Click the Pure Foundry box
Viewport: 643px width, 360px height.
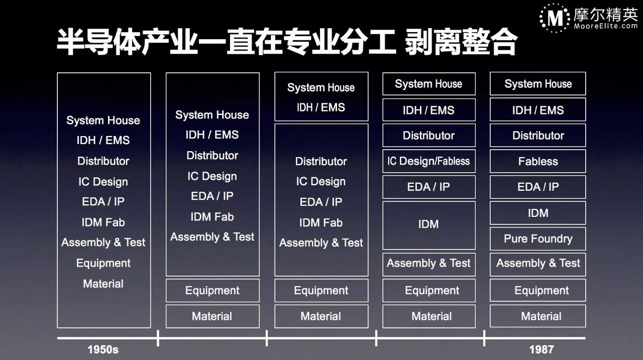point(538,239)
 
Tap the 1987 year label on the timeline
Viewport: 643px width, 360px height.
point(541,349)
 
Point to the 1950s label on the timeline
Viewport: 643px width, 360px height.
point(103,349)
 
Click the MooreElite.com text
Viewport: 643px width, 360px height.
point(606,26)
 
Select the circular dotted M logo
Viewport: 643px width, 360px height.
point(555,18)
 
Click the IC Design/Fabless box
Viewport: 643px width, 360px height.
point(428,161)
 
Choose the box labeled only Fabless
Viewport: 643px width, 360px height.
point(538,161)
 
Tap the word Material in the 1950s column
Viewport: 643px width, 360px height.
point(103,284)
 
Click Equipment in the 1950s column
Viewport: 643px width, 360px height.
point(103,263)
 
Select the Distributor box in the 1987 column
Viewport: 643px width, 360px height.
point(538,136)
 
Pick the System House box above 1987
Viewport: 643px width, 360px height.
point(538,84)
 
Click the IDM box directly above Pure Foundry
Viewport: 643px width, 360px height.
point(538,213)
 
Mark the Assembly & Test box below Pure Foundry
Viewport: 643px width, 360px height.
point(538,264)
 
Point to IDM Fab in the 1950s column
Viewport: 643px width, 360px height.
point(103,222)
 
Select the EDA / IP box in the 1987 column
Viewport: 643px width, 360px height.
point(538,187)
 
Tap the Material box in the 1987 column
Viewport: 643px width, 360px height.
point(538,316)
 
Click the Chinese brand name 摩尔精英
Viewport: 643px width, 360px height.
point(605,14)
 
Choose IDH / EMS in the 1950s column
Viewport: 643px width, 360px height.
point(103,141)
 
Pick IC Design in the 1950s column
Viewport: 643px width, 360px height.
point(103,182)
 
